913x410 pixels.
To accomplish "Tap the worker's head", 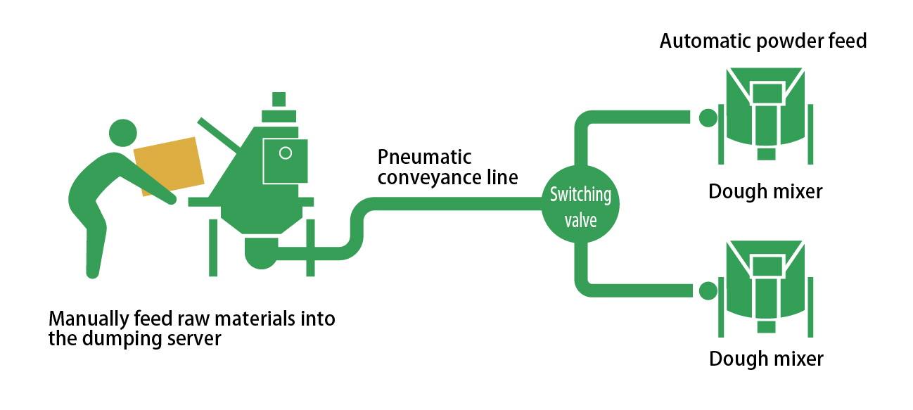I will tap(122, 134).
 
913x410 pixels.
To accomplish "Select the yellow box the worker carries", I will tap(169, 166).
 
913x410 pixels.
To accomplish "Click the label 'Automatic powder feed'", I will tap(762, 41).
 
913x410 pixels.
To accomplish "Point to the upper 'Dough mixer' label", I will tap(765, 191).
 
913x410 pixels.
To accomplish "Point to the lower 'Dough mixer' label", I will tap(765, 359).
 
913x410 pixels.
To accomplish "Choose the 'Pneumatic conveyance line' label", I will tap(447, 167).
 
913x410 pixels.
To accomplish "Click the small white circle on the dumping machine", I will tap(285, 153).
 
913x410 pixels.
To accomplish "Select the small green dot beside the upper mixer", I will tap(707, 117).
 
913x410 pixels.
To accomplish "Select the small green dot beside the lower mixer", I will tap(707, 290).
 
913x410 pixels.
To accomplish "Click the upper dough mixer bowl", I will tap(765, 113).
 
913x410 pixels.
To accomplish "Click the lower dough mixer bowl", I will tap(765, 285).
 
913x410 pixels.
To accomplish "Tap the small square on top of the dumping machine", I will tap(279, 98).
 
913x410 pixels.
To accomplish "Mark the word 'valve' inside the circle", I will tap(580, 220).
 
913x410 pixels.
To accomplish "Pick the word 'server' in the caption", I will tap(198, 338).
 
